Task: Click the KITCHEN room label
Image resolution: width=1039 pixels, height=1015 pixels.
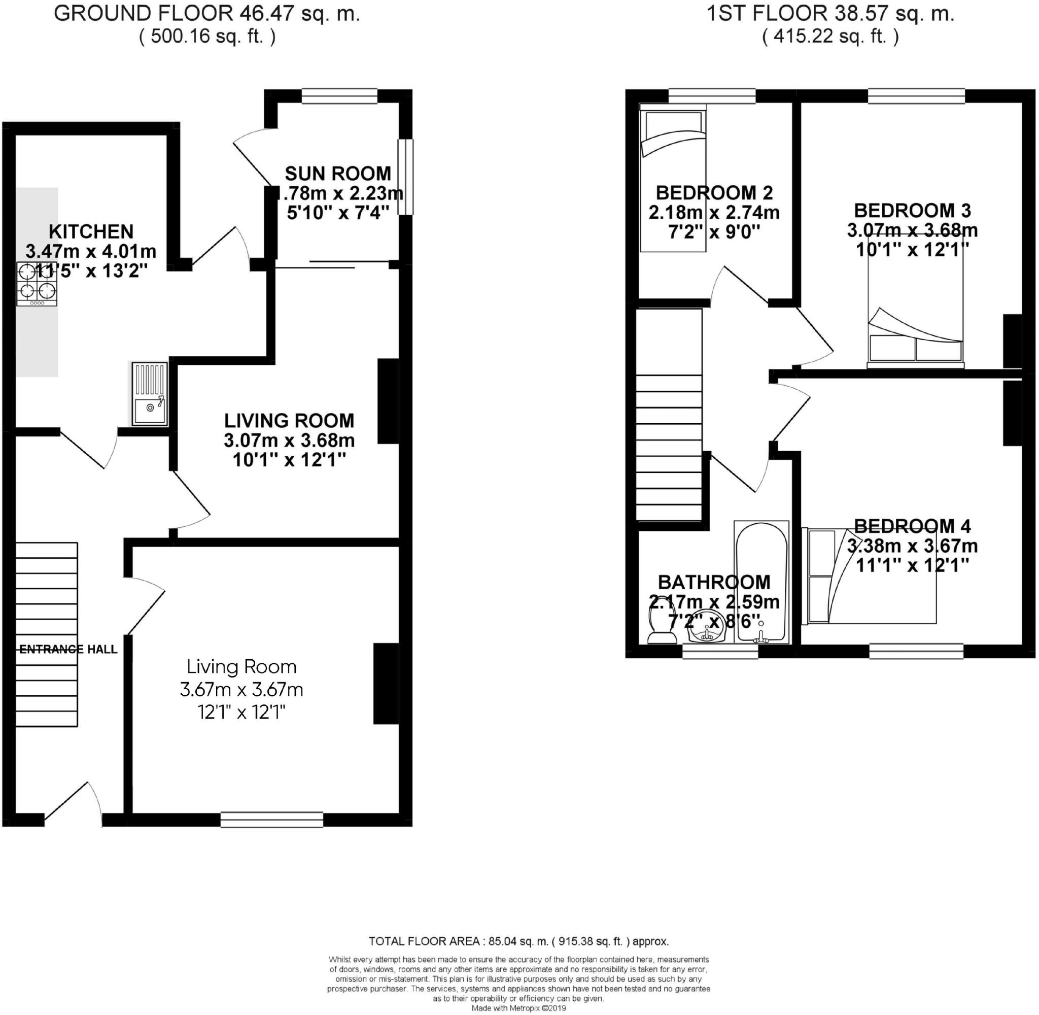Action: click(91, 231)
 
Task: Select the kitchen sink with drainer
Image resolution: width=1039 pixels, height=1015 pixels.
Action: click(150, 394)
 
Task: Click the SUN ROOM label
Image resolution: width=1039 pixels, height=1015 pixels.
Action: click(338, 174)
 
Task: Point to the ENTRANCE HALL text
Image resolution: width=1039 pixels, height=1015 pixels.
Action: click(68, 649)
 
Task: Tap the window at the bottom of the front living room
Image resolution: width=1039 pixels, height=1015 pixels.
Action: click(272, 819)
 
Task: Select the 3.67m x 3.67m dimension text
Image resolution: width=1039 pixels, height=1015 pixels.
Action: click(241, 689)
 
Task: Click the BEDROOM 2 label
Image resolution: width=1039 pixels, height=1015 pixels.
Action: click(714, 192)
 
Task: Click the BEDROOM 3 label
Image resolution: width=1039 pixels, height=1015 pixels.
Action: click(912, 211)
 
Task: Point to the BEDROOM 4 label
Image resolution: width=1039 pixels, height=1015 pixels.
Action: click(912, 526)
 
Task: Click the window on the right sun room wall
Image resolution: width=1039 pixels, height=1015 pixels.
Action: click(405, 177)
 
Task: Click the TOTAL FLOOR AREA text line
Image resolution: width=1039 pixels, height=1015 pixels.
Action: click(518, 941)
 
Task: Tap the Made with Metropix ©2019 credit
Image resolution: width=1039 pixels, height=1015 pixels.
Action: click(518, 1008)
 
